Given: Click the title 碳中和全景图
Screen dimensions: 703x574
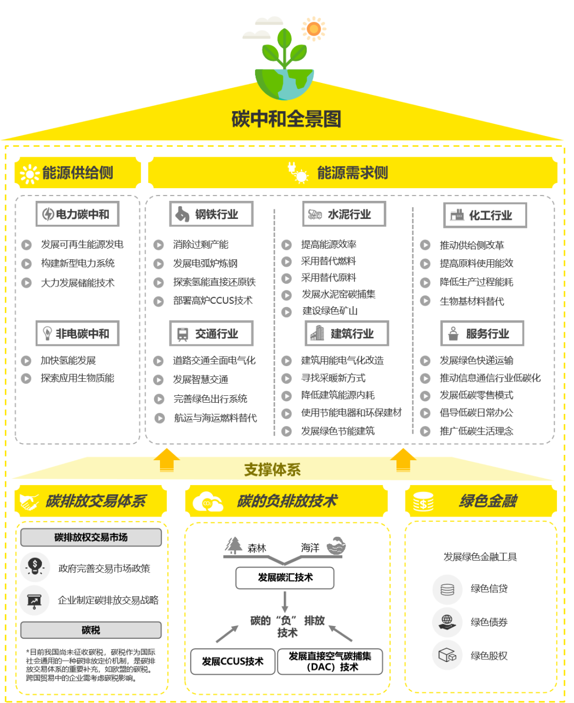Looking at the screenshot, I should [286, 119].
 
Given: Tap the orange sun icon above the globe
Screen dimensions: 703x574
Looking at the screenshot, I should [314, 29].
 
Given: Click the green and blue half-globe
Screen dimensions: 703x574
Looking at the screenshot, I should [284, 84].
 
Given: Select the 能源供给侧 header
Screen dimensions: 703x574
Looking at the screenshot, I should [78, 173].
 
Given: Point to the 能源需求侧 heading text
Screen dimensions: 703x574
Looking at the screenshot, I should [352, 173].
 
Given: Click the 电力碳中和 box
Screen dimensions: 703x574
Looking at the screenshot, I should [77, 214].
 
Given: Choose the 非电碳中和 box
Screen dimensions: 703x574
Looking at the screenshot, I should [77, 333].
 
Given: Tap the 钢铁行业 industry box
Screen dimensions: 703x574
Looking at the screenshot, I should [211, 214].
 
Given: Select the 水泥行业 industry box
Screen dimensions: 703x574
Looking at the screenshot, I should [344, 214].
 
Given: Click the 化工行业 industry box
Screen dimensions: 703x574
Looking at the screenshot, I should [485, 215].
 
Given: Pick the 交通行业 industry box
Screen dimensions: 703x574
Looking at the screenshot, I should [211, 333].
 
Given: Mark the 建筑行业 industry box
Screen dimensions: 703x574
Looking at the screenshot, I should [347, 333].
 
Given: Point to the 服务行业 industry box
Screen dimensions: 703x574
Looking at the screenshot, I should [482, 333].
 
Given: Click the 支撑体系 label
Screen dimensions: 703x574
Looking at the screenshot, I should [272, 470].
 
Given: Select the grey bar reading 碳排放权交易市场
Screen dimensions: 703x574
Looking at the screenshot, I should [91, 537].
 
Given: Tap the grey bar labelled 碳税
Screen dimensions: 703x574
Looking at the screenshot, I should [91, 630].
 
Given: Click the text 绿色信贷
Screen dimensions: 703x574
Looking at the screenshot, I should [489, 589].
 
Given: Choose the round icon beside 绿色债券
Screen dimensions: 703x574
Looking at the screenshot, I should [447, 622].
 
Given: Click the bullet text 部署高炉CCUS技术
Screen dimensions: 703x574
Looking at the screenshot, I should [213, 301].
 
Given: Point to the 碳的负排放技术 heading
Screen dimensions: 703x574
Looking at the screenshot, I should [287, 501].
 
